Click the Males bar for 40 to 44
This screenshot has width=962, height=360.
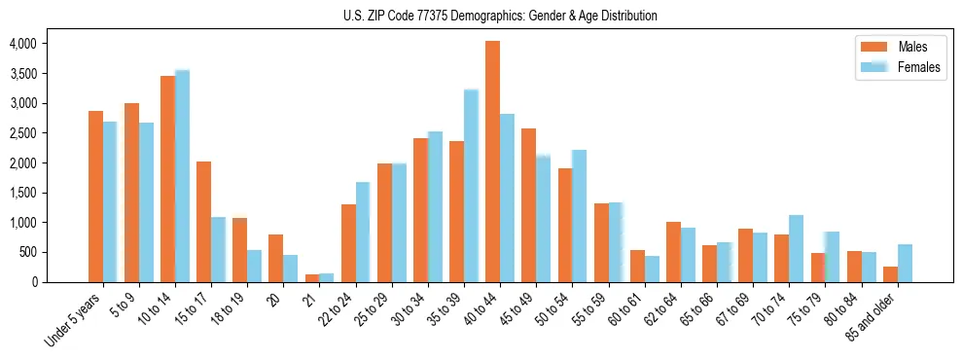[492, 162]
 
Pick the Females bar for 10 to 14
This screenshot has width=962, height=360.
[182, 176]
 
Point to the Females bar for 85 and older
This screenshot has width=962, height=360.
[905, 264]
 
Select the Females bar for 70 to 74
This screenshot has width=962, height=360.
[797, 249]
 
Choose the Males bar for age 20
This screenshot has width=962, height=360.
[276, 258]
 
